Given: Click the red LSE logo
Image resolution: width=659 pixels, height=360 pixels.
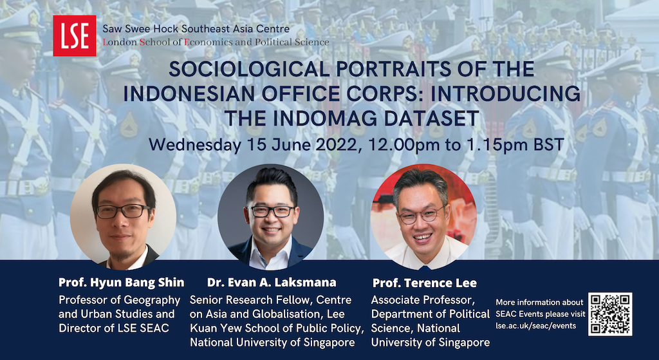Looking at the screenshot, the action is point(75,36).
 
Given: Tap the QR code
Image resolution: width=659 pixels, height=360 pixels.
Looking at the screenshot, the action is point(610,314).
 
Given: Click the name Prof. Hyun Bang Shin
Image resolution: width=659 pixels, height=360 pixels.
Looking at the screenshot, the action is point(122,283).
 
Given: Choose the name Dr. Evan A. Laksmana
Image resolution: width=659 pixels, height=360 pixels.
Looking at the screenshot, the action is point(272,283).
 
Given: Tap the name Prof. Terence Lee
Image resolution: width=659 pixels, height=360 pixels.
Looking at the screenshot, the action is point(425,283).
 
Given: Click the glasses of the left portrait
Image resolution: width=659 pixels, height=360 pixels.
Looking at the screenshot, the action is point(123,211).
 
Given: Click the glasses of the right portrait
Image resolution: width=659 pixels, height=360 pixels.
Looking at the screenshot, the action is point(422,215).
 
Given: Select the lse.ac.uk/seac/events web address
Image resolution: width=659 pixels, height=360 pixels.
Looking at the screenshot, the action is point(536,325).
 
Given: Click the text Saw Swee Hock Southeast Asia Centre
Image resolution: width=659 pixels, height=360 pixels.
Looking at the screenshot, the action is point(196,29).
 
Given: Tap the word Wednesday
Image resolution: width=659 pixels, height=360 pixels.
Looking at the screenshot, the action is point(194,145).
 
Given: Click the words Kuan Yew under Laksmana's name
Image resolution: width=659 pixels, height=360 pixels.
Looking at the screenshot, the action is point(211,328).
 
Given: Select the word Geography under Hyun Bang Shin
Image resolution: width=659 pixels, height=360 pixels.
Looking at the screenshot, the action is point(149,300).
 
